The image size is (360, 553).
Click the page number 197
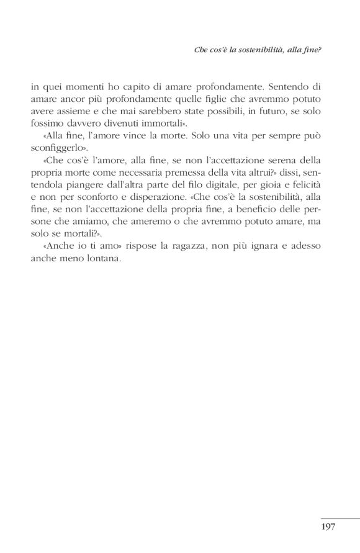pos(328,527)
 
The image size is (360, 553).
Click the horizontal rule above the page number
pos(340,518)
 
